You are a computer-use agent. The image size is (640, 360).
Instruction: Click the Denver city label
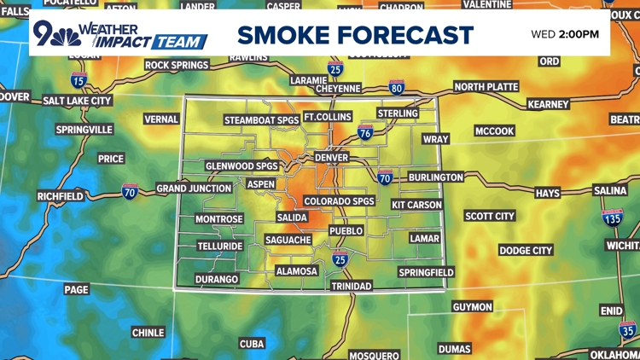point(331,158)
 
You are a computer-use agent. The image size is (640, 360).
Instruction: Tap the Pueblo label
point(346,231)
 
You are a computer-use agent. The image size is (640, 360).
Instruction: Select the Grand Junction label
point(194,188)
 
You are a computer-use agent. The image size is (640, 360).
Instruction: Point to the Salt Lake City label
point(78,101)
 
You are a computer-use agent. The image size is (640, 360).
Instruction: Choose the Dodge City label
point(526,251)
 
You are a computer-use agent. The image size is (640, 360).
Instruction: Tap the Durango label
point(217,279)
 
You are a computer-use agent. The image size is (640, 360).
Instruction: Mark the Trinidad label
point(352,287)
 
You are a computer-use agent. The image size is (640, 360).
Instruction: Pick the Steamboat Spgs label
point(262,120)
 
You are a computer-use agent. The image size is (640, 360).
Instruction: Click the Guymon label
point(472,307)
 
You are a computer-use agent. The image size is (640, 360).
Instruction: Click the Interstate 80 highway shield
point(397,87)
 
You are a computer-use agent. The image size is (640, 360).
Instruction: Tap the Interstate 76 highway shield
point(365,133)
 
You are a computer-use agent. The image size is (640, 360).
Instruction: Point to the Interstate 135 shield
point(613,219)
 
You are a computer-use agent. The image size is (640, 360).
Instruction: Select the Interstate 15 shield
point(79,81)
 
